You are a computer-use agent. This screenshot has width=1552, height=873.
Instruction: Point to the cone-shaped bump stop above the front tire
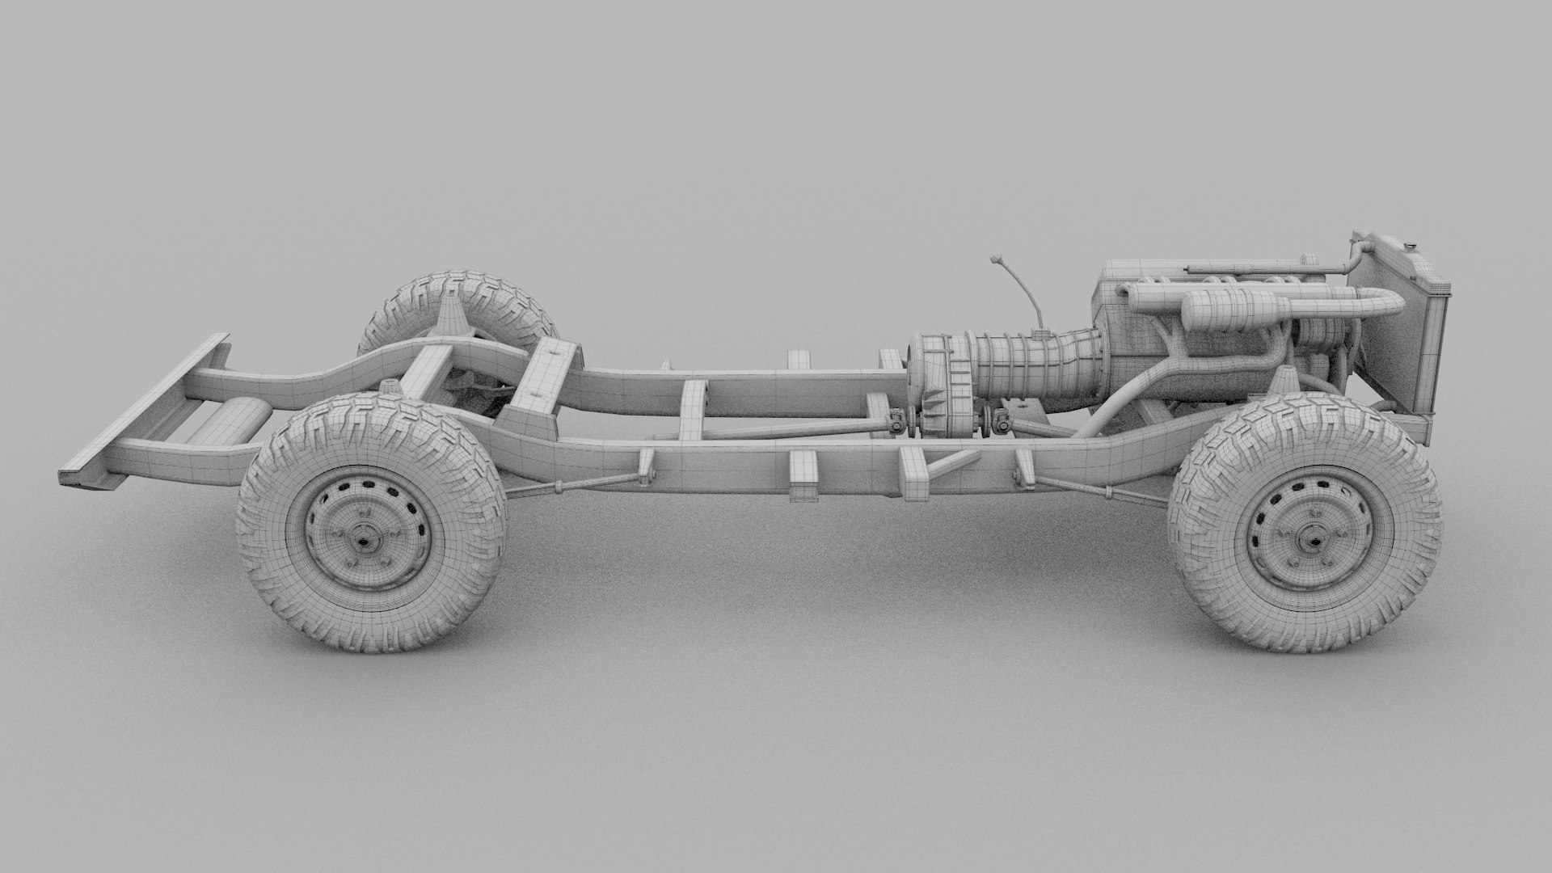click(x=1282, y=380)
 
